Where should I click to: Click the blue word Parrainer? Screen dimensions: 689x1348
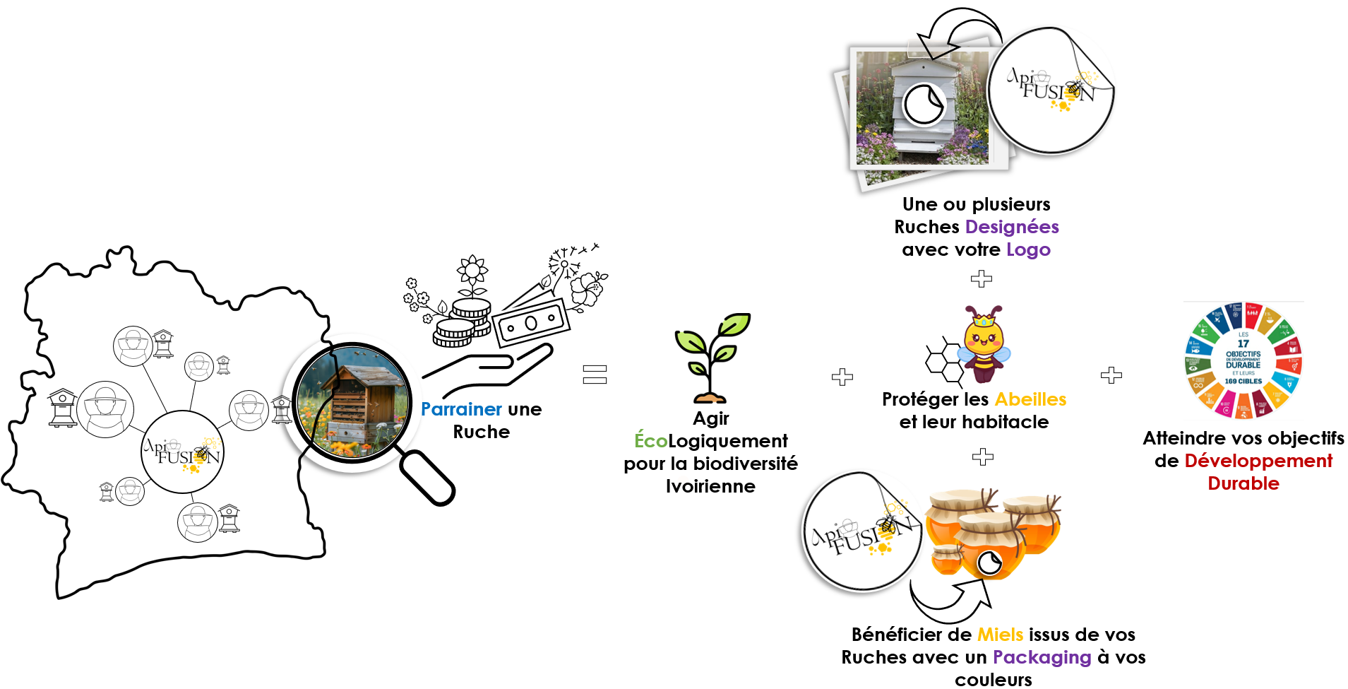[460, 409]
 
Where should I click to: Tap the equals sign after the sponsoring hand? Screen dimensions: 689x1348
[595, 374]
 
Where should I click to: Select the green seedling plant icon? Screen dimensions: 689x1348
[711, 358]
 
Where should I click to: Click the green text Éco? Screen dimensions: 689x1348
[650, 441]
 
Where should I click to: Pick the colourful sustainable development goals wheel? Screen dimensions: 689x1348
[1243, 360]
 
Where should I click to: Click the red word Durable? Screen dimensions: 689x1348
[1243, 483]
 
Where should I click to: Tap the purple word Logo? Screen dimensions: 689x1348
[1028, 249]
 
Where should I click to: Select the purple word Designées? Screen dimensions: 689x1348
[1011, 227]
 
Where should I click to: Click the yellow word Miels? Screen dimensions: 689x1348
[999, 635]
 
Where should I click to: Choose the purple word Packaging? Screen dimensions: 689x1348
[1042, 657]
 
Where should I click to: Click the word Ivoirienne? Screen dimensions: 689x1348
[710, 486]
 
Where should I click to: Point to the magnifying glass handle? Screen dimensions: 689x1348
[427, 478]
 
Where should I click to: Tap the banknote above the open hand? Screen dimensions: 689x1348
[530, 324]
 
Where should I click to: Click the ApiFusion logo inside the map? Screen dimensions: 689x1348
[182, 452]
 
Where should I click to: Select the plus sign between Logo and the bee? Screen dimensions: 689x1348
[981, 279]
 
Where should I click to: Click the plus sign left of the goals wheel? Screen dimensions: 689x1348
[1111, 375]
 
